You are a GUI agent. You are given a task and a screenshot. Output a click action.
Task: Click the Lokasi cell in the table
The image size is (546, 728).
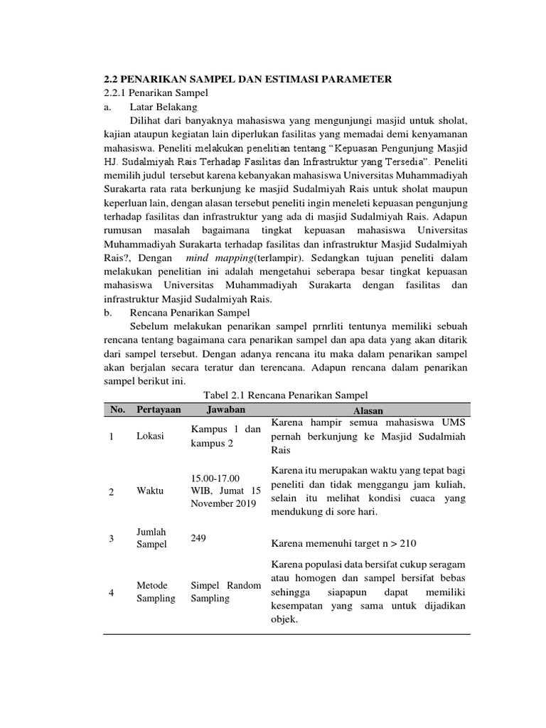click(x=149, y=437)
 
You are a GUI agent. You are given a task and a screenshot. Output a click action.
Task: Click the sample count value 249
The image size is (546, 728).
click(x=198, y=540)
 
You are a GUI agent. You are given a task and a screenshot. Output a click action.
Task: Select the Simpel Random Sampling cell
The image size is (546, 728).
click(x=225, y=591)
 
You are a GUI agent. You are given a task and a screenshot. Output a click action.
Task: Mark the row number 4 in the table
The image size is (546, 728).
click(x=112, y=592)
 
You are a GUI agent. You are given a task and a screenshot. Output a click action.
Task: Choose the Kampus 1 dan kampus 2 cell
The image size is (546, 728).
click(x=225, y=437)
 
